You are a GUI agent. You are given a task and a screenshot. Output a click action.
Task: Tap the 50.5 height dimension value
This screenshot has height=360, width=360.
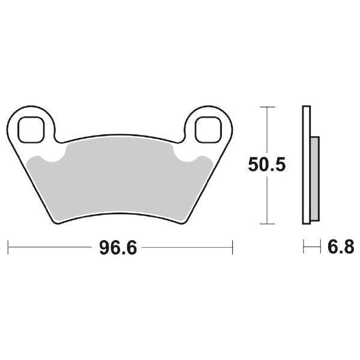[x=266, y=164]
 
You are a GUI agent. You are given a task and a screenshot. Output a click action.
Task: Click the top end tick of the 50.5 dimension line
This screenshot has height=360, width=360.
[x=266, y=107]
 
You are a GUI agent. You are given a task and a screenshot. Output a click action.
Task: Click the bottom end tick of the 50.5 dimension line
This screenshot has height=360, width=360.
[x=266, y=223]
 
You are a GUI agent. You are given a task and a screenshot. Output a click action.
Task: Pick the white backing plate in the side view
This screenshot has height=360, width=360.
[x=307, y=165]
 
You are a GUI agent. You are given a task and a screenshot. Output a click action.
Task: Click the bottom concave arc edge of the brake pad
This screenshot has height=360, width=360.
[x=120, y=211]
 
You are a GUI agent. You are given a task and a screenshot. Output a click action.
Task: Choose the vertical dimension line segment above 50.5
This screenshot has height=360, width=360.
[x=266, y=129]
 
